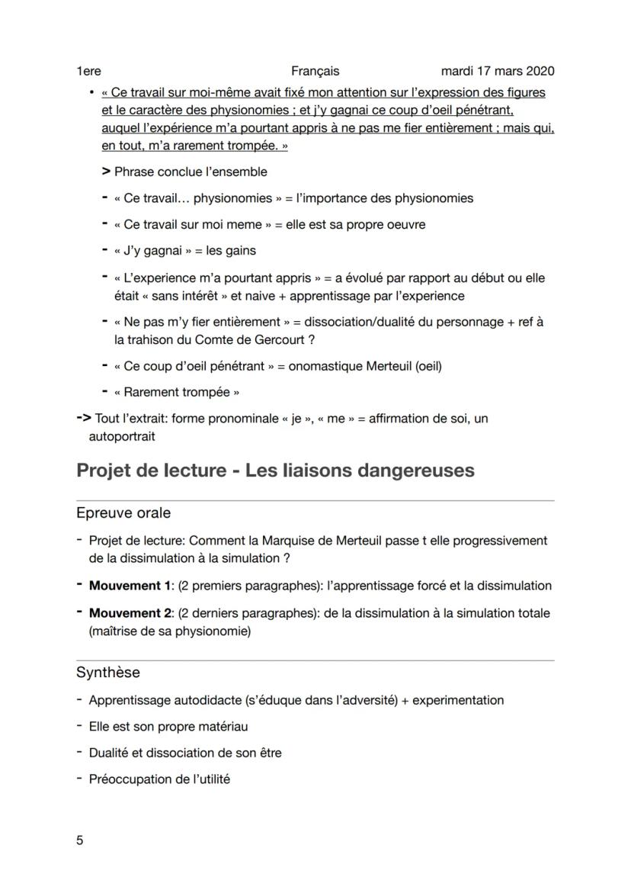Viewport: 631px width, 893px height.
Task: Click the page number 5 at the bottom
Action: (80, 840)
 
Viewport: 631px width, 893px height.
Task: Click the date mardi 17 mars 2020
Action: (498, 71)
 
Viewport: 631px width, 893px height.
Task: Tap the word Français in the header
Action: (315, 71)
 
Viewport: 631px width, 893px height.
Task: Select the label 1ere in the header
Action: (88, 71)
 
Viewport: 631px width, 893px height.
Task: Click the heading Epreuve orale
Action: (123, 513)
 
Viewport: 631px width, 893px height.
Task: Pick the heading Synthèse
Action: (108, 673)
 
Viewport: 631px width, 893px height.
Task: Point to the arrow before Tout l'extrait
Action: (84, 419)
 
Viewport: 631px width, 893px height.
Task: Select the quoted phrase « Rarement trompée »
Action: (176, 393)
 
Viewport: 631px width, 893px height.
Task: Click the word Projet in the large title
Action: (107, 470)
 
